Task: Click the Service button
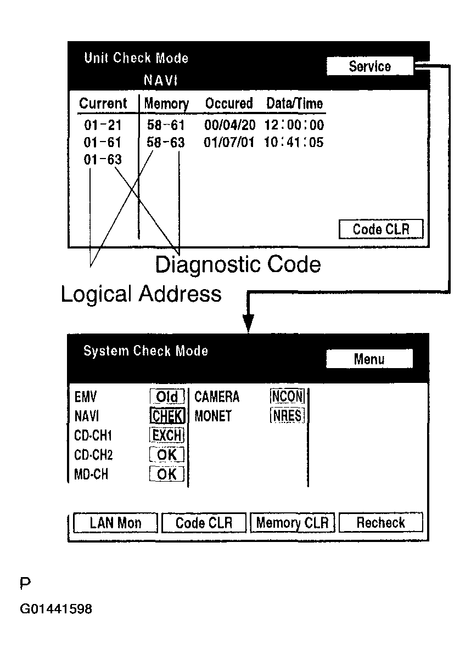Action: pyautogui.click(x=369, y=67)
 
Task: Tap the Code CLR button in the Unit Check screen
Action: pyautogui.click(x=381, y=229)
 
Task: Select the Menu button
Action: pyautogui.click(x=369, y=359)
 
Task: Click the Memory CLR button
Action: pyautogui.click(x=292, y=523)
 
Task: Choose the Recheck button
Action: pyautogui.click(x=380, y=523)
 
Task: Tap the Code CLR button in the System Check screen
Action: pyautogui.click(x=204, y=523)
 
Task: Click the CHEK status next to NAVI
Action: pyautogui.click(x=167, y=416)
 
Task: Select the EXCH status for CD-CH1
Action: pyautogui.click(x=167, y=436)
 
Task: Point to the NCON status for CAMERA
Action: pyautogui.click(x=287, y=397)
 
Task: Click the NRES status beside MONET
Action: pyautogui.click(x=287, y=416)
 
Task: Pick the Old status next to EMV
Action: pyautogui.click(x=167, y=397)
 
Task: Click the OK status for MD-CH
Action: pyautogui.click(x=167, y=474)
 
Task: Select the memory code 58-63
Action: pyautogui.click(x=166, y=143)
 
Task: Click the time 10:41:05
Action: pyautogui.click(x=294, y=143)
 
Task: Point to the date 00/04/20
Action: pyautogui.click(x=229, y=125)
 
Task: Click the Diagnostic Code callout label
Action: pyautogui.click(x=238, y=264)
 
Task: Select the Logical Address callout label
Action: pyautogui.click(x=141, y=294)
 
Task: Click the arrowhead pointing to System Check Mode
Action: pyautogui.click(x=249, y=323)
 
